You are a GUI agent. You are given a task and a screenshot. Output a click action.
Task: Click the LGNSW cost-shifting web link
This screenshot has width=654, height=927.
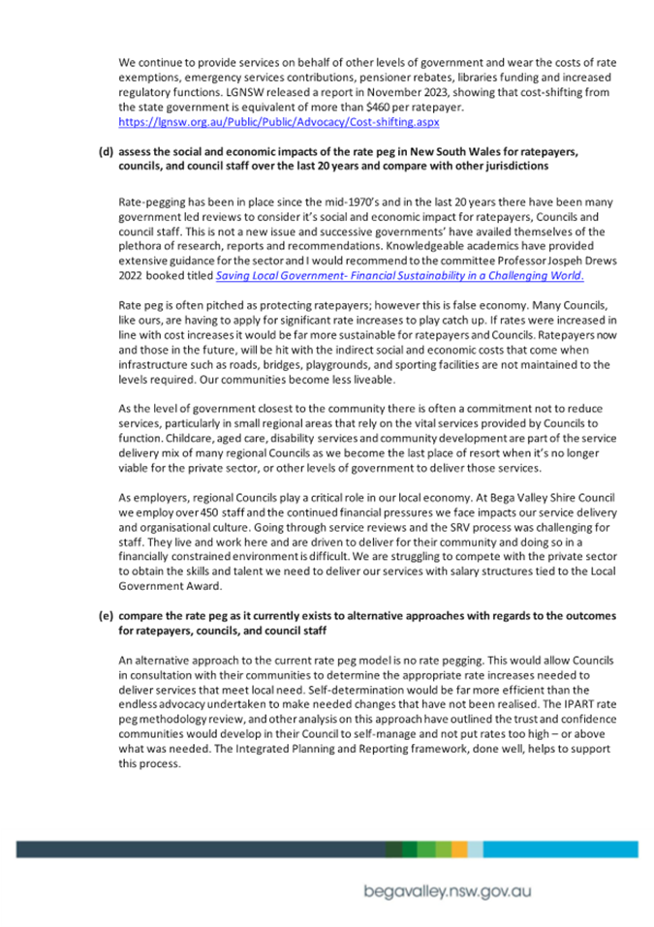coord(278,124)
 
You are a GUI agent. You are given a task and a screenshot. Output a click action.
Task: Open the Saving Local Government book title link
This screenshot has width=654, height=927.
coord(400,276)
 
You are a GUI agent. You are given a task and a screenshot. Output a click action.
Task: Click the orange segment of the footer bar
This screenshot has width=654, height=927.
coord(458,849)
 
